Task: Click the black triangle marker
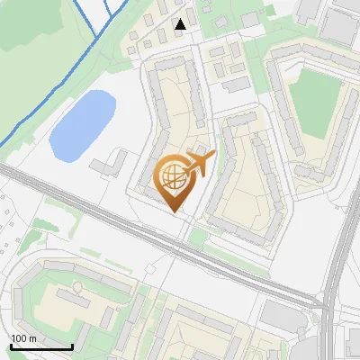coord(181,24)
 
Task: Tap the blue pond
coord(82,123)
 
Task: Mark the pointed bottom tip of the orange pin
coord(174,211)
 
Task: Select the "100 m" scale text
coord(23,337)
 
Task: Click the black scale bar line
coord(40,346)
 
